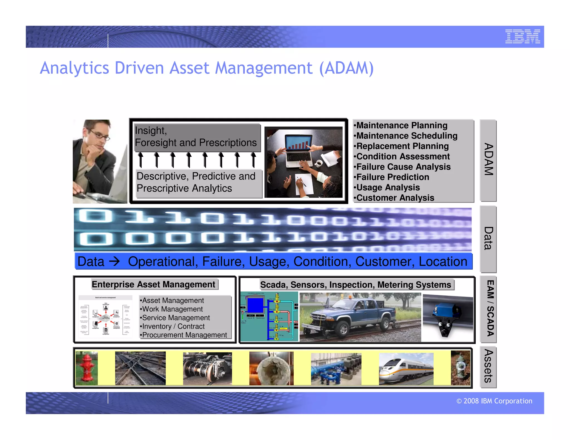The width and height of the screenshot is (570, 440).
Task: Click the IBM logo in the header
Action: [522, 36]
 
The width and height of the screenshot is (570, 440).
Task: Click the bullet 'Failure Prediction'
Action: [392, 177]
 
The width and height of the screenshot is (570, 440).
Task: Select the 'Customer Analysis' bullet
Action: [395, 198]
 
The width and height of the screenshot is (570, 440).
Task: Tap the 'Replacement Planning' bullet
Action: [402, 146]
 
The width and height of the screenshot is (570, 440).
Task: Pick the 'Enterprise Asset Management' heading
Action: [153, 285]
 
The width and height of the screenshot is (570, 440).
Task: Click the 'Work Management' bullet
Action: [172, 309]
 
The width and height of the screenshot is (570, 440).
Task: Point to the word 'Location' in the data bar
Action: [443, 262]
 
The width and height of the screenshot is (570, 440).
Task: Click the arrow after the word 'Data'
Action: [114, 261]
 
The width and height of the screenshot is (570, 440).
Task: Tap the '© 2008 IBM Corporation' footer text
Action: [494, 401]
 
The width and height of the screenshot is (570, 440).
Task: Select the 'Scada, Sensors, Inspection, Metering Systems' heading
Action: [355, 285]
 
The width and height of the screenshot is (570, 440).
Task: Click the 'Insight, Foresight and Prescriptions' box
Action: [196, 137]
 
